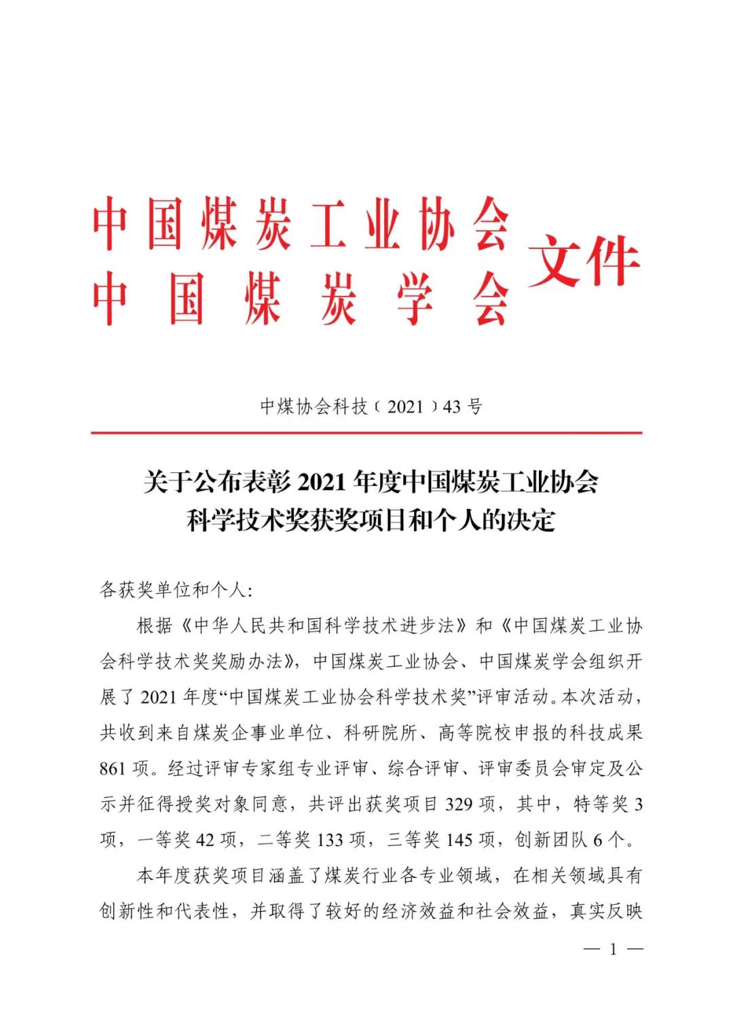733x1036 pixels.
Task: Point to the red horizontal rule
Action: tap(366, 432)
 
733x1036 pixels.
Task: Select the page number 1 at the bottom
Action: tap(613, 949)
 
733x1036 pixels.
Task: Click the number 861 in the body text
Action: tap(113, 769)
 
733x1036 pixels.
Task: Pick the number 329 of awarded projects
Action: tap(459, 805)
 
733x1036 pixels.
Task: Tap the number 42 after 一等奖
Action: tap(205, 840)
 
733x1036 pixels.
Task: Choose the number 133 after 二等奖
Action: tap(330, 840)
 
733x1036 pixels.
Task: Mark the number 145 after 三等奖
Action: tap(459, 840)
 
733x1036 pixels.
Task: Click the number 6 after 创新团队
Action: tap(597, 840)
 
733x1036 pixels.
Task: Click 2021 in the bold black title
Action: tap(322, 483)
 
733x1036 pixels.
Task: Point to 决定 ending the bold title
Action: tap(536, 520)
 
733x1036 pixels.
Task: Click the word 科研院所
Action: tap(381, 733)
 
